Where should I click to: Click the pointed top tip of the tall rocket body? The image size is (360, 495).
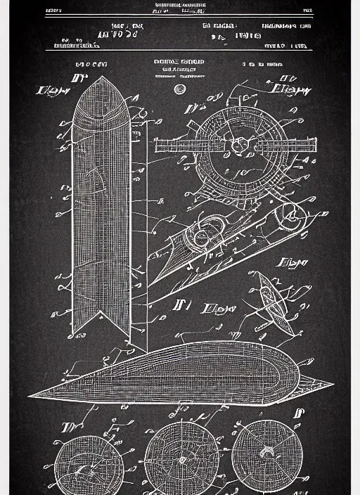click(x=102, y=78)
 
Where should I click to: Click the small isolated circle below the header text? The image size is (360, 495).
click(x=180, y=89)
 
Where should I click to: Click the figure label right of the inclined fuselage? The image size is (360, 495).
click(x=294, y=264)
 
